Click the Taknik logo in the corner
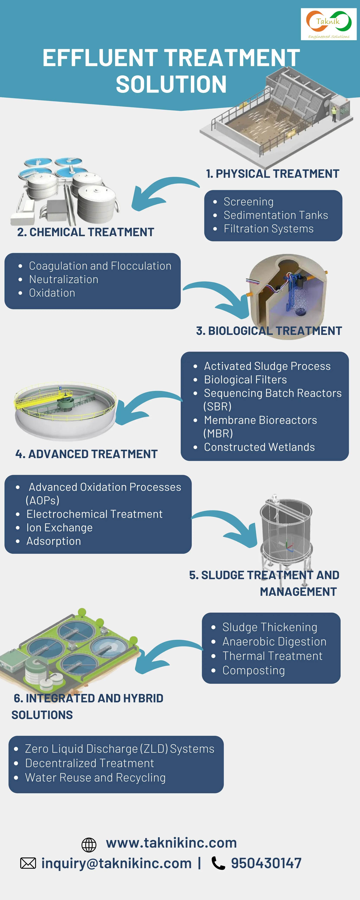[x=329, y=24]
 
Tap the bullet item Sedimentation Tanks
[x=276, y=215]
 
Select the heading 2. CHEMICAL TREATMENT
[x=86, y=232]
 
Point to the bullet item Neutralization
[x=64, y=279]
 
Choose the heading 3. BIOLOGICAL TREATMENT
[x=269, y=331]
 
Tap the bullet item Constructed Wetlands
[x=259, y=447]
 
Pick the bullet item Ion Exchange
[x=59, y=528]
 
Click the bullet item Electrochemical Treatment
[x=94, y=514]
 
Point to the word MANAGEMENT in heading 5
[x=298, y=592]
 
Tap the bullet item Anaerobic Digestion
[x=274, y=642]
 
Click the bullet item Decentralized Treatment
[x=89, y=763]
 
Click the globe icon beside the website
[x=89, y=845]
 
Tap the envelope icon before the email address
[x=28, y=863]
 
